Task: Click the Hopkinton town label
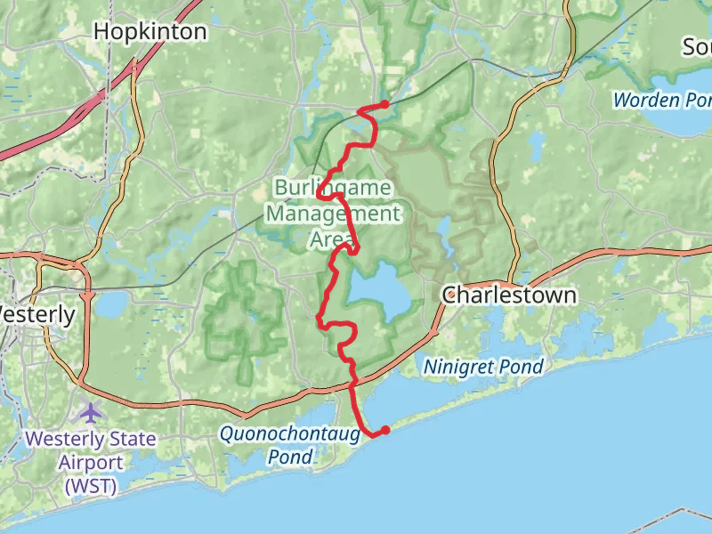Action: (x=150, y=32)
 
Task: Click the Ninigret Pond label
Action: (x=483, y=366)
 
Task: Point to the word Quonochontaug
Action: (x=290, y=434)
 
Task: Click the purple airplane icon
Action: (x=90, y=413)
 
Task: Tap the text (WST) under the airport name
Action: (x=90, y=486)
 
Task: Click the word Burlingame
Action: (x=331, y=188)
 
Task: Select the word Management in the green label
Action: (x=333, y=214)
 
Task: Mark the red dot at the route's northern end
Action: (x=384, y=105)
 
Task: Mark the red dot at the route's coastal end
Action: (x=385, y=431)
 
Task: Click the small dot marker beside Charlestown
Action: (x=450, y=294)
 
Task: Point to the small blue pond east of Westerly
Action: (x=111, y=306)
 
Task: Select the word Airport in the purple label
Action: (x=90, y=463)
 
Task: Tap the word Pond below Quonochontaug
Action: (x=290, y=457)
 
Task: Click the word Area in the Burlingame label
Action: (x=332, y=239)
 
